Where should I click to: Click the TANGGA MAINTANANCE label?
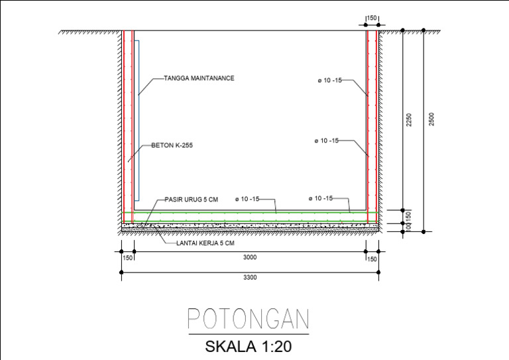[x=199, y=78]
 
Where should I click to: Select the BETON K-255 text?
[x=172, y=145]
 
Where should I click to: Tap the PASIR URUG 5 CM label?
[x=191, y=199]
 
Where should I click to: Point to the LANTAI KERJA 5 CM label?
[x=205, y=243]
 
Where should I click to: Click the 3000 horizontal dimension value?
[x=250, y=257]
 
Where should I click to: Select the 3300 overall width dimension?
[x=250, y=278]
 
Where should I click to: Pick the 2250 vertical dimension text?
[x=410, y=119]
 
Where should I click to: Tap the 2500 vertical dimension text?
[x=431, y=119]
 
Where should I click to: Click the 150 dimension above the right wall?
[x=372, y=18]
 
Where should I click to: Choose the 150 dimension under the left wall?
[x=127, y=259]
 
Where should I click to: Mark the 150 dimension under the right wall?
[x=372, y=259]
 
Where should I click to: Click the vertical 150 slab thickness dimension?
[x=409, y=216]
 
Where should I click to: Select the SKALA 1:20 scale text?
[x=248, y=345]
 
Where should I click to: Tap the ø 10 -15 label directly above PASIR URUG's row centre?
[x=247, y=199]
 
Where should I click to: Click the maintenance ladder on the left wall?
[x=137, y=119]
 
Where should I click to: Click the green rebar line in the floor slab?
[x=250, y=213]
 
